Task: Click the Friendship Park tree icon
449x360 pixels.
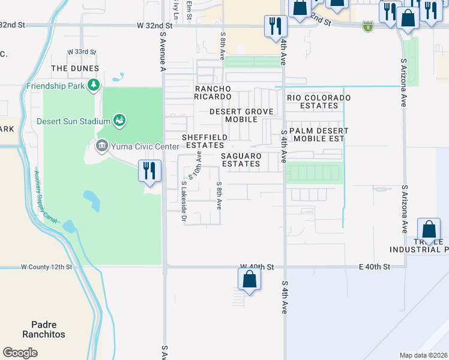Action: [93, 86]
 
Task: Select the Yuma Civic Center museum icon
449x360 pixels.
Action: [101, 146]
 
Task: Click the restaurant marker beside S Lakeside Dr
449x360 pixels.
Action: [148, 170]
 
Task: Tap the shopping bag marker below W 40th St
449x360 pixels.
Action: [249, 280]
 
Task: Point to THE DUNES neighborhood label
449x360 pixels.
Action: [74, 69]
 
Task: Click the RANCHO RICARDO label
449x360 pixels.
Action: [212, 92]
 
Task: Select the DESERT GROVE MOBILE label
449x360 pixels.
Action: [241, 115]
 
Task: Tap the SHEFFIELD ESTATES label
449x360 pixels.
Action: [205, 141]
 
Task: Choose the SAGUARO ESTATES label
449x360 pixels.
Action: [241, 160]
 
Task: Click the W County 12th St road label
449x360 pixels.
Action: [46, 266]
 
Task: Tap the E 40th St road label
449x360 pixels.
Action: [375, 266]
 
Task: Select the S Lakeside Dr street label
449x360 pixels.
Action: [184, 201]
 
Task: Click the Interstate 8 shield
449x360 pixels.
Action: [368, 26]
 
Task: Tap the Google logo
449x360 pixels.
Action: [20, 353]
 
